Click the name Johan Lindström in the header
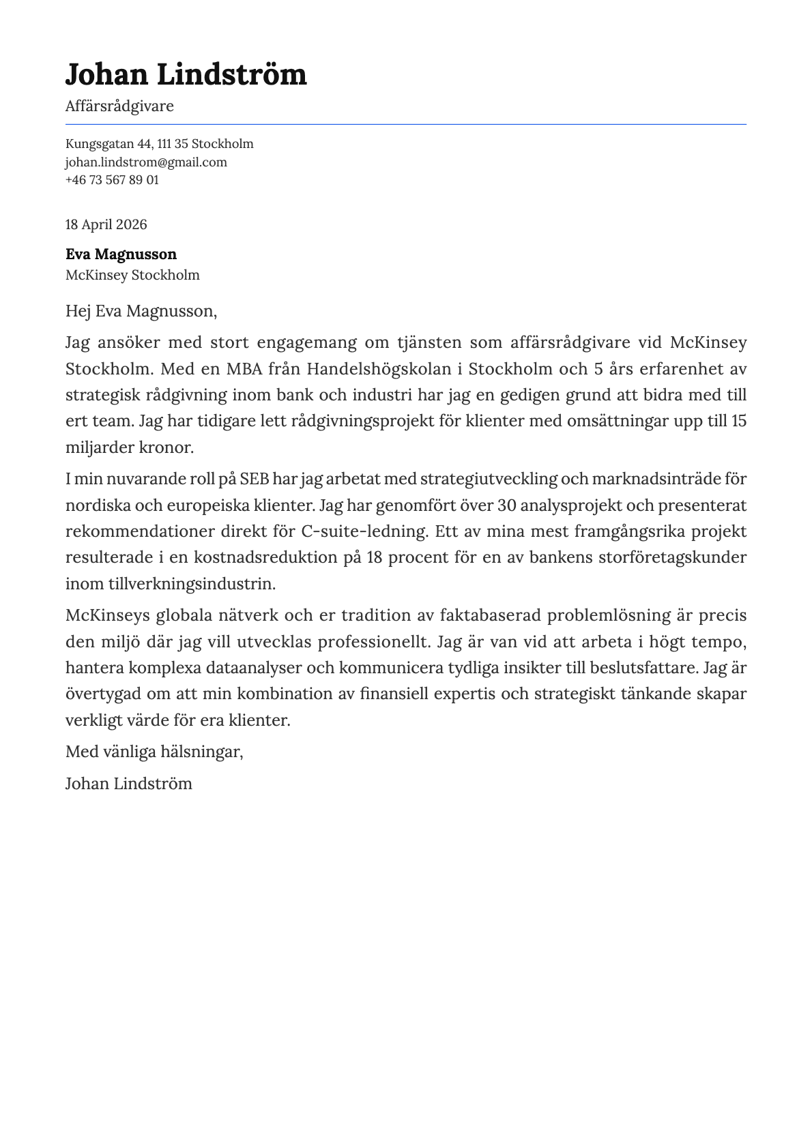tap(186, 74)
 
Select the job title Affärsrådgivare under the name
tap(119, 106)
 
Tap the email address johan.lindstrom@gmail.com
tap(146, 162)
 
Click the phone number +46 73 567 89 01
tap(112, 180)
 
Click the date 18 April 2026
tap(106, 225)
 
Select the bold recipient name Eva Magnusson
tap(121, 254)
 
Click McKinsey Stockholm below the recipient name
tap(132, 276)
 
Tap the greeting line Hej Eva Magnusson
tap(141, 312)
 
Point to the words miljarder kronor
tap(130, 448)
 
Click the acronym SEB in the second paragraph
tap(255, 480)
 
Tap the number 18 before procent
tap(375, 558)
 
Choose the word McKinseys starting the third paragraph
tap(106, 616)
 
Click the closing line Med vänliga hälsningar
tap(154, 752)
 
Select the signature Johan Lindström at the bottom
tap(128, 784)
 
